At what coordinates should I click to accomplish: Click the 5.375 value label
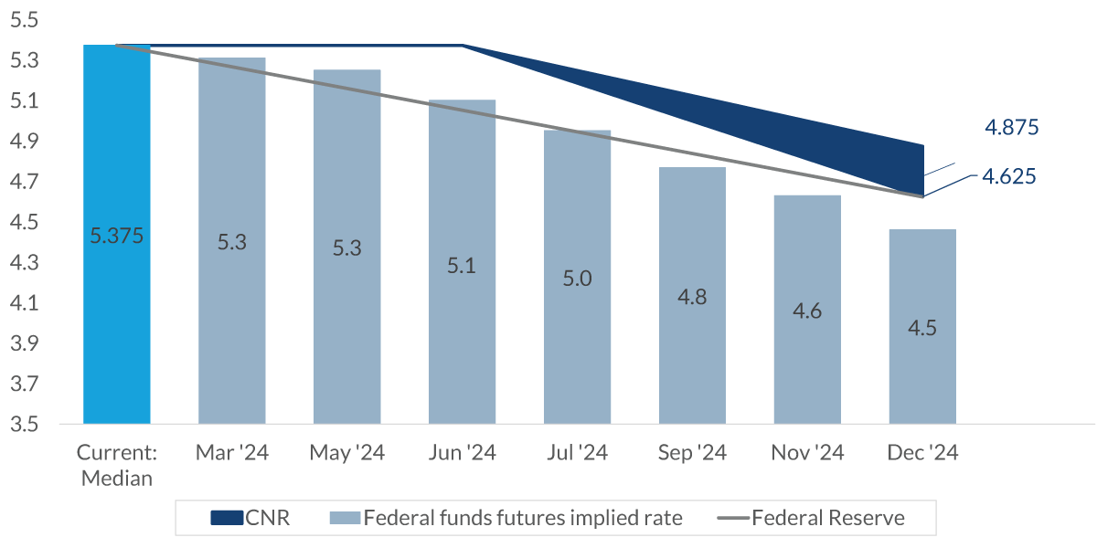click(x=116, y=236)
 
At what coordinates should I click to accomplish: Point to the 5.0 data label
click(x=577, y=278)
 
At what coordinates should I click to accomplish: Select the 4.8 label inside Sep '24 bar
click(x=692, y=297)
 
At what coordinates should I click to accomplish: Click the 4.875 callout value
click(x=1011, y=128)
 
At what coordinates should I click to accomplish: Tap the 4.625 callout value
click(x=1009, y=177)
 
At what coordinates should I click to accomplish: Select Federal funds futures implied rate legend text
click(x=522, y=519)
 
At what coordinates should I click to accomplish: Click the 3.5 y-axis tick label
click(x=27, y=425)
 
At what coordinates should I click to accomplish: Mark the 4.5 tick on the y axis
click(x=27, y=223)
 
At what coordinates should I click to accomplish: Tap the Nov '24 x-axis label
click(x=807, y=454)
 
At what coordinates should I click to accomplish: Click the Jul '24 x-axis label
click(x=577, y=454)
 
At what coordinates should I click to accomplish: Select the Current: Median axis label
click(x=116, y=465)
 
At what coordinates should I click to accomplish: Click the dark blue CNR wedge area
click(x=823, y=128)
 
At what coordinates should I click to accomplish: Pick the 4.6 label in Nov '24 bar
click(x=807, y=311)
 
